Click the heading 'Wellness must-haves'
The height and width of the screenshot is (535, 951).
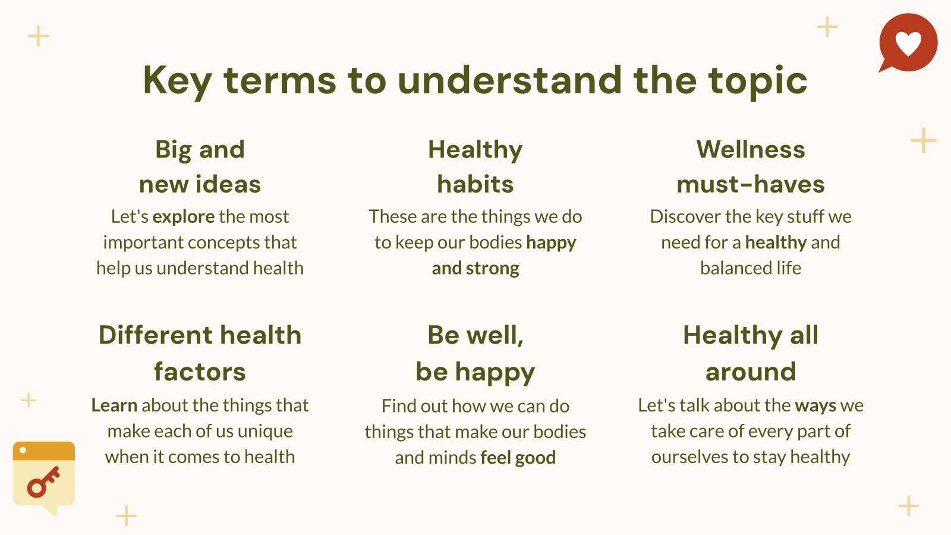pyautogui.click(x=750, y=167)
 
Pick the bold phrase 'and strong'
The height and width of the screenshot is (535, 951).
pyautogui.click(x=475, y=268)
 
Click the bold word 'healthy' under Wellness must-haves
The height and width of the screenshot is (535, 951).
pyautogui.click(x=776, y=243)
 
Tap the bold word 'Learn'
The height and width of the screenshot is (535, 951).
pyautogui.click(x=114, y=405)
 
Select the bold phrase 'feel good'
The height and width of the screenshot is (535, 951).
pyautogui.click(x=518, y=458)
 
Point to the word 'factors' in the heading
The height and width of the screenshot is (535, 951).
pyautogui.click(x=200, y=372)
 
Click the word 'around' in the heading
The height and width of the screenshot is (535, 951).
pyautogui.click(x=751, y=372)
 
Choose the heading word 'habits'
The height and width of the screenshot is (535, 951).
pyautogui.click(x=475, y=184)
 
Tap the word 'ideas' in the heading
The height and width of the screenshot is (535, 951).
pyautogui.click(x=228, y=184)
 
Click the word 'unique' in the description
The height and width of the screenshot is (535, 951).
pyautogui.click(x=265, y=432)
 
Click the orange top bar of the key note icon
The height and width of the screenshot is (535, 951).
pyautogui.click(x=44, y=451)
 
